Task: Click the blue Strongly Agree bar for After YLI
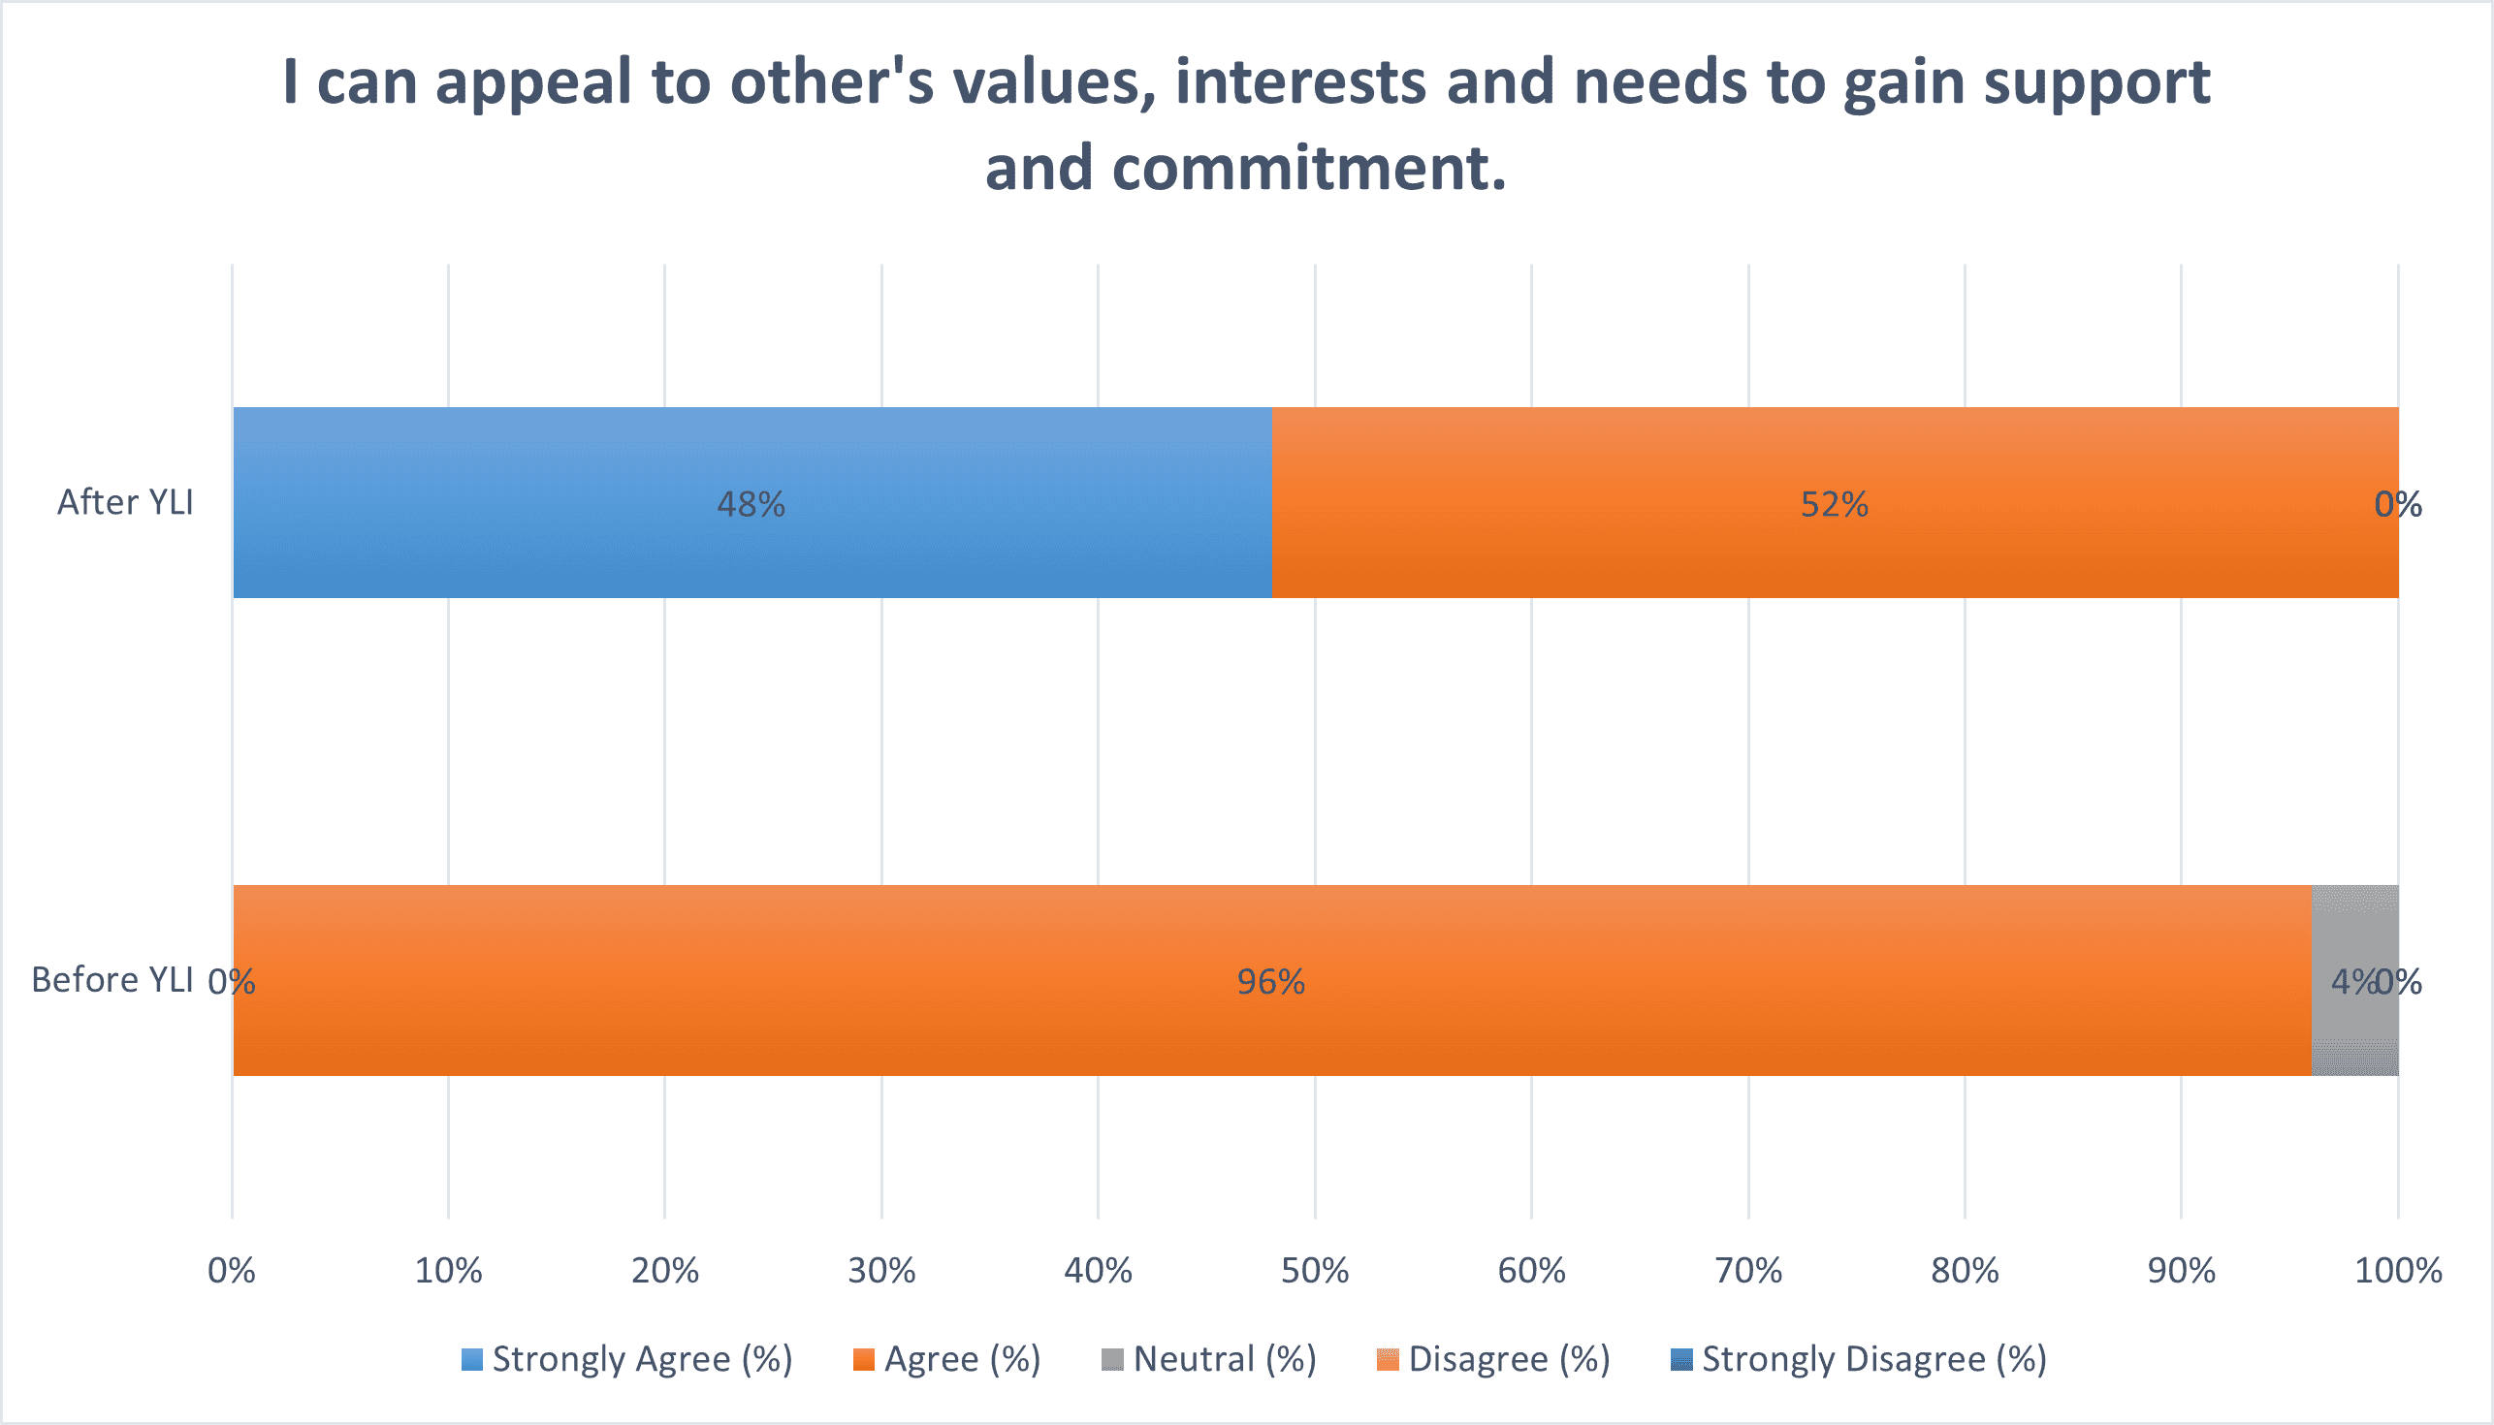coord(751,502)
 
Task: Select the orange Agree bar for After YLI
coord(1836,502)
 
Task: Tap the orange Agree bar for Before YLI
coord(1272,981)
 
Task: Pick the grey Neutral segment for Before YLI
coord(2355,981)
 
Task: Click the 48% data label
coord(751,504)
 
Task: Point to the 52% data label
coord(1835,504)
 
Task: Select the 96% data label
coord(1270,982)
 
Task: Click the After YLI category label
coord(125,502)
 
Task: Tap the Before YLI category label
coord(112,980)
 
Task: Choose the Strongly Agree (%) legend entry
coord(626,1359)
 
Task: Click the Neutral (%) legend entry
coord(1209,1359)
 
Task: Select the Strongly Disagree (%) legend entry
coord(1859,1359)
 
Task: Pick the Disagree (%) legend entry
coord(1493,1359)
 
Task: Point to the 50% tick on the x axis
coord(1315,1270)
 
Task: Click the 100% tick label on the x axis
coord(2398,1270)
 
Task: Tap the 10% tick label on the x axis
coord(448,1270)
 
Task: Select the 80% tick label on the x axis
coord(1965,1270)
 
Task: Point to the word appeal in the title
coord(534,82)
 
